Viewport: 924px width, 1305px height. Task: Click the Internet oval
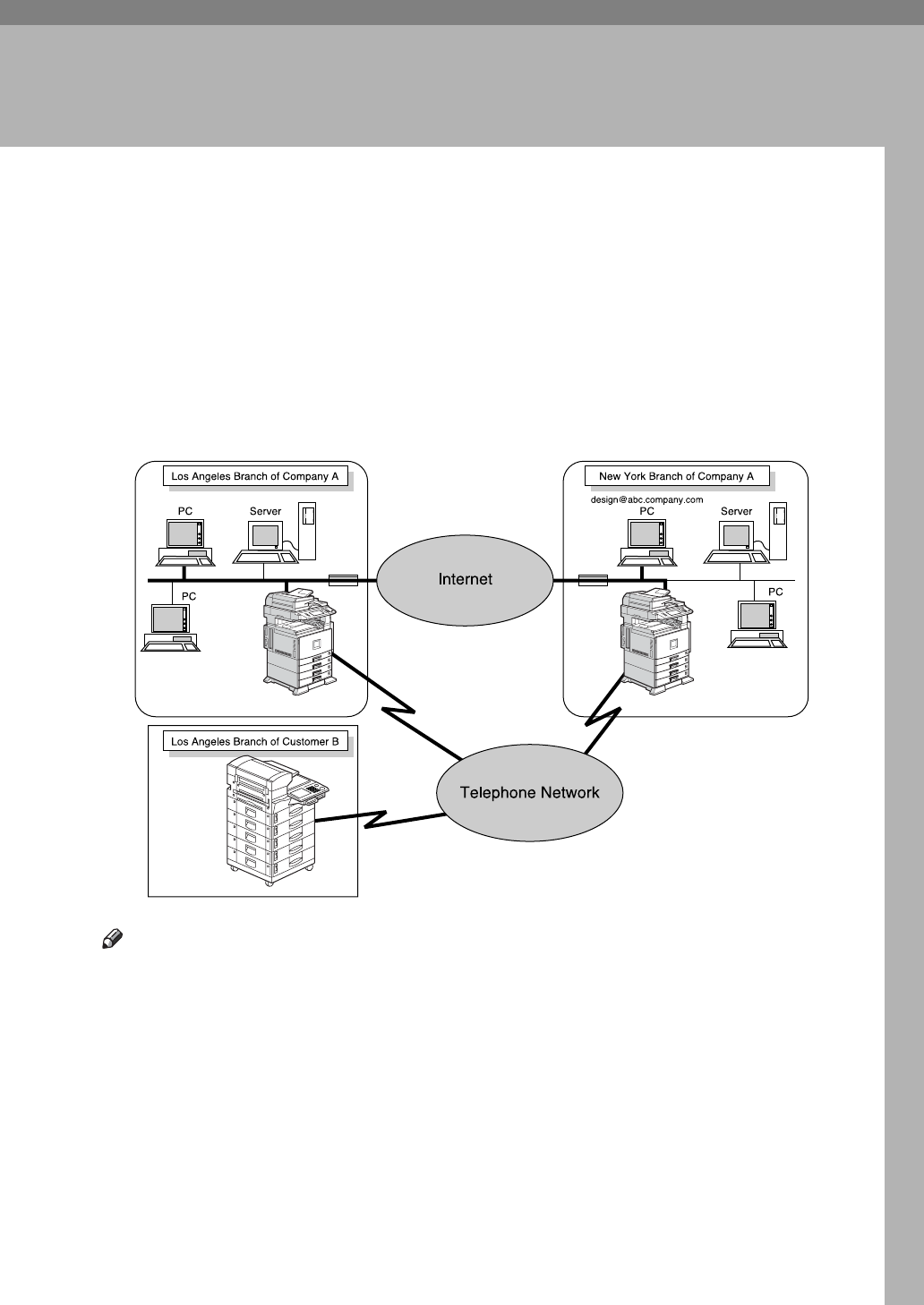pos(465,580)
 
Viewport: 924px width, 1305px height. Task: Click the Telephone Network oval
pos(529,793)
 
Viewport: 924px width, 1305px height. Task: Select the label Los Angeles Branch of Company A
pos(255,477)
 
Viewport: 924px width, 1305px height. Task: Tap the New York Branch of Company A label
pos(676,477)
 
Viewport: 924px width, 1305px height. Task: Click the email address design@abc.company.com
pos(646,499)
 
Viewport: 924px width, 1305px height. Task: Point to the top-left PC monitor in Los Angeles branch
pos(184,534)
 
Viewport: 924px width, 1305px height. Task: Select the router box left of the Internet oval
pos(343,581)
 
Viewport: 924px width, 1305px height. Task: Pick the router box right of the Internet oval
pos(592,581)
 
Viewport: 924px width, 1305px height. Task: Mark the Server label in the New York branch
pos(737,511)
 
